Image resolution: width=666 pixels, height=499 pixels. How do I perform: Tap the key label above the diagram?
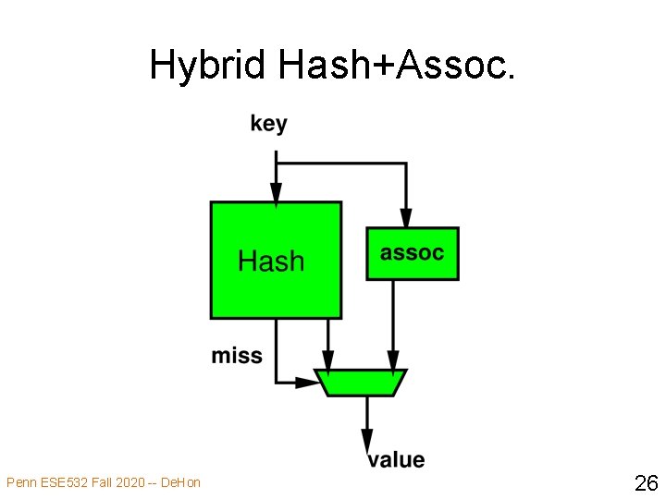point(268,124)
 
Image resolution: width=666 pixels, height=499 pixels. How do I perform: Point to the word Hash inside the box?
point(271,262)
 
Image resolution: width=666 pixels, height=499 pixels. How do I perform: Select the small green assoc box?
point(412,253)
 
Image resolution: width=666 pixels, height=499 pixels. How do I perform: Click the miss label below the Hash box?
point(237,356)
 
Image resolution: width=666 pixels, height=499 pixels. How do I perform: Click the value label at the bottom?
point(396,459)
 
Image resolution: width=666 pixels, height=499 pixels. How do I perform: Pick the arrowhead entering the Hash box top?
point(276,193)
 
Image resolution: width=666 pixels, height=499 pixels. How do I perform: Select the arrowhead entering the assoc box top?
point(405,218)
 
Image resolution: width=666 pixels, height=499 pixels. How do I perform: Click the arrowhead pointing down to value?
point(367,441)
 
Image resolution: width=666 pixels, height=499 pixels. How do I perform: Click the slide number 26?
point(645,481)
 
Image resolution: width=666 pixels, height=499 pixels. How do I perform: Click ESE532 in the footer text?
point(63,482)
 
